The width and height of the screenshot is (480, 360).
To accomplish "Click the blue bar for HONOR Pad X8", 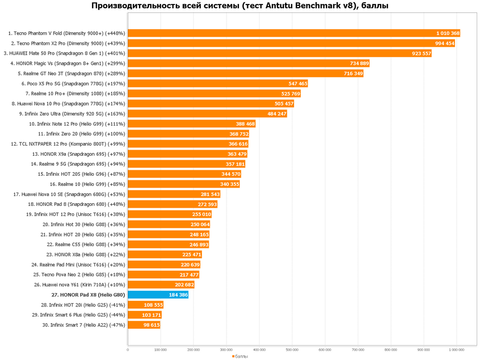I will (158, 295).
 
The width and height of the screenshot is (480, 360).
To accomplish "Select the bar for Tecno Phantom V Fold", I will (294, 33).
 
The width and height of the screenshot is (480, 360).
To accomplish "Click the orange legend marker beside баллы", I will (233, 356).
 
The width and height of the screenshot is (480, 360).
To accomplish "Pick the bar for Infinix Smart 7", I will (144, 325).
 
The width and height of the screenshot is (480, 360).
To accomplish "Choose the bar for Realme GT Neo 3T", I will (246, 74).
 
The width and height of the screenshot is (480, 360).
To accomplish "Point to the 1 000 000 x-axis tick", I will (457, 350).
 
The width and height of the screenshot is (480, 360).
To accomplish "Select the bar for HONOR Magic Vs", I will (248, 64).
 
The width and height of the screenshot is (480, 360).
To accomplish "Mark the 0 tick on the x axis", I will (128, 350).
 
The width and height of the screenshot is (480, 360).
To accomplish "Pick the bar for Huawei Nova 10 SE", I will (174, 194).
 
